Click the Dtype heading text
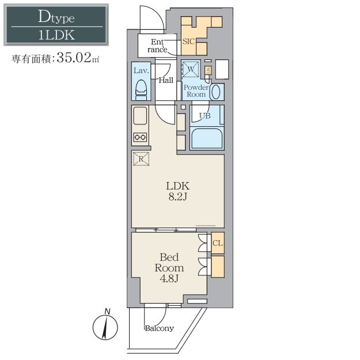(56, 17)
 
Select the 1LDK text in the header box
(56, 35)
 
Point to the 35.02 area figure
(74, 58)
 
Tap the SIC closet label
(188, 41)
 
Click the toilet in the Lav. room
(141, 90)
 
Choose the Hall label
(166, 80)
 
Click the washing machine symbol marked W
(191, 69)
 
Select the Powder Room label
(196, 90)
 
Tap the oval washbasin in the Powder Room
(215, 92)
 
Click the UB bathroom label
(205, 116)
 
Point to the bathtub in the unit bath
(207, 138)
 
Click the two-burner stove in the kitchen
(140, 137)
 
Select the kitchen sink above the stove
(140, 116)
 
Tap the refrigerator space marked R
(141, 158)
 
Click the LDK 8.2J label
(178, 191)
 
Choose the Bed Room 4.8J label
(169, 268)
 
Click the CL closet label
(218, 243)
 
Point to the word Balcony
(160, 328)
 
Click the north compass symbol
(105, 325)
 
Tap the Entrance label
(157, 46)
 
